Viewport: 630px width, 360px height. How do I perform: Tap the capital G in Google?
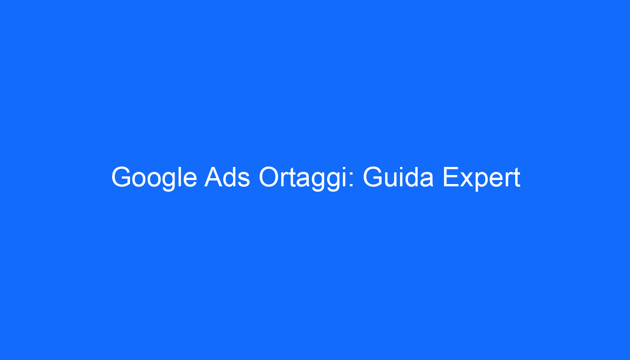tap(121, 176)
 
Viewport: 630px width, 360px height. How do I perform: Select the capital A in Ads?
tap(214, 176)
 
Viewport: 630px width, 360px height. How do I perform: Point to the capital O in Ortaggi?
tap(269, 176)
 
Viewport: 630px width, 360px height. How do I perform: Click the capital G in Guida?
tap(373, 176)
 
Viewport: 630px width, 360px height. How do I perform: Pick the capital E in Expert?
tap(451, 176)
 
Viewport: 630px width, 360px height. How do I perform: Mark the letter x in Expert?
tap(467, 180)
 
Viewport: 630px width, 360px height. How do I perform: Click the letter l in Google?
tap(179, 176)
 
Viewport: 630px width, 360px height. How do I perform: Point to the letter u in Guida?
tap(392, 180)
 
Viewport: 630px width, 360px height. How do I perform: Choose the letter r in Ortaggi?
tap(284, 180)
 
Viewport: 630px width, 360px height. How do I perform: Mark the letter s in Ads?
tap(244, 180)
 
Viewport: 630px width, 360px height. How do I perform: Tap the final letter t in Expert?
tap(517, 178)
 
